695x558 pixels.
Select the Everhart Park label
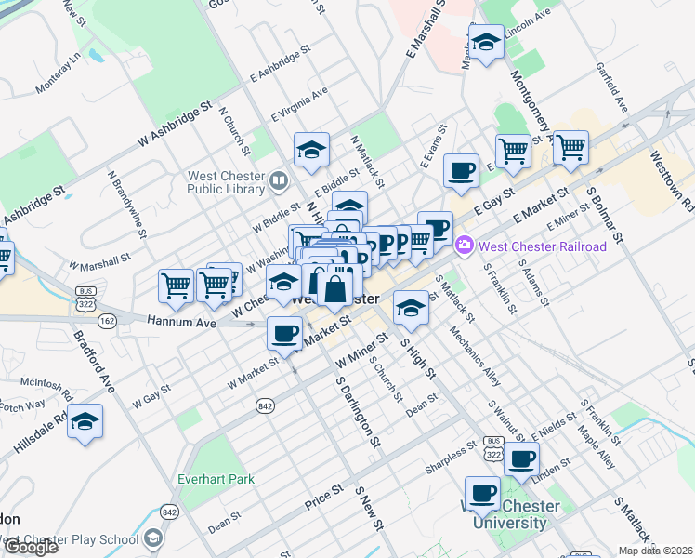pyautogui.click(x=216, y=480)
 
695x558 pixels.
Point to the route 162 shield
pyautogui.click(x=107, y=321)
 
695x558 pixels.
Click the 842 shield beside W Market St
pyautogui.click(x=267, y=405)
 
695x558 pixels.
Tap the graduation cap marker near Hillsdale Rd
pyautogui.click(x=85, y=421)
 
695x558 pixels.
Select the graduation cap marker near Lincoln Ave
pyautogui.click(x=485, y=42)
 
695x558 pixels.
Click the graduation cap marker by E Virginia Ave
pyautogui.click(x=312, y=150)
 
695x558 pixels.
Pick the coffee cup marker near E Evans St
pyautogui.click(x=461, y=171)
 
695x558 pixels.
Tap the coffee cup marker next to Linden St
pyautogui.click(x=522, y=459)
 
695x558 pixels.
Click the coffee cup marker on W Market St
pyautogui.click(x=285, y=332)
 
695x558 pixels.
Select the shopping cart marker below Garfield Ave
pyautogui.click(x=570, y=147)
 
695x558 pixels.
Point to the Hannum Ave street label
pyautogui.click(x=181, y=322)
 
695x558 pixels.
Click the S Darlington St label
pyautogui.click(x=359, y=409)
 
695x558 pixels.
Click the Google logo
pyautogui.click(x=31, y=547)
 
